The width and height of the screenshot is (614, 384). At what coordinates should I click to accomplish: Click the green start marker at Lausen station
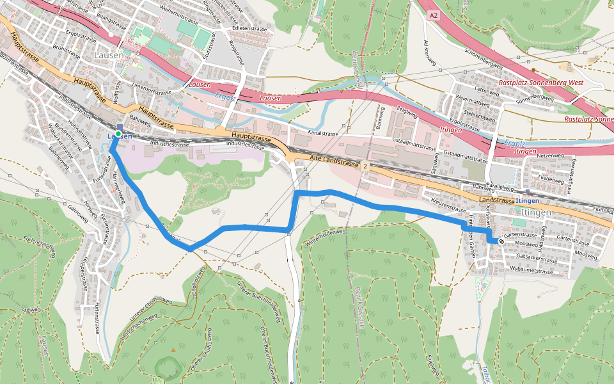(118, 133)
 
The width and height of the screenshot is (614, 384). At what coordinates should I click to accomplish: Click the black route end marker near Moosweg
(501, 241)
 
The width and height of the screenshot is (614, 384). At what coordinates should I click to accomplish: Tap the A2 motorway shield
(434, 15)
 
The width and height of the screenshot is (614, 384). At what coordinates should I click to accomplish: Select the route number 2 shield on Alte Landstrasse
(365, 166)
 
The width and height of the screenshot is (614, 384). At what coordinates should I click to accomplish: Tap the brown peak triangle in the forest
(173, 349)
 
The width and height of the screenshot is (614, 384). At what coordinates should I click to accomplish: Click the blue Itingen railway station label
(528, 200)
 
